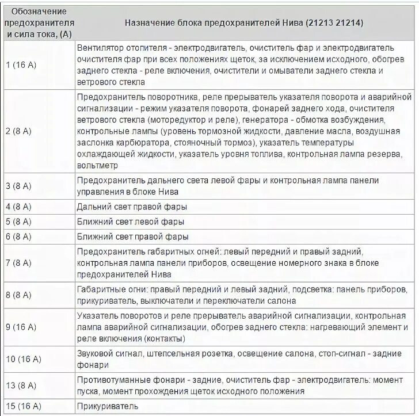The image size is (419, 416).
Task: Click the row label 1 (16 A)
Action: [21, 65]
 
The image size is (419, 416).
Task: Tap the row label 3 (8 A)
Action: [19, 186]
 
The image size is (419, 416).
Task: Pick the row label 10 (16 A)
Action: [23, 360]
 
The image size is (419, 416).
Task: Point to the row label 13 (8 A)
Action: [21, 386]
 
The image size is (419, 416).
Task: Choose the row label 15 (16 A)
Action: [23, 406]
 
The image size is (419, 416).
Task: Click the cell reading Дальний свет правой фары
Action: [131, 207]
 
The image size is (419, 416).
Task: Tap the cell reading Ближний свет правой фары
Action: [132, 236]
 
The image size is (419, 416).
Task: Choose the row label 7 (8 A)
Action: [19, 262]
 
